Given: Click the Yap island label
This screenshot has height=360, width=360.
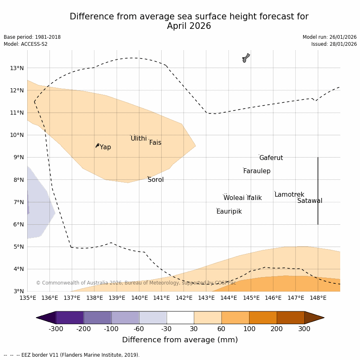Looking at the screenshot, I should click(105, 147).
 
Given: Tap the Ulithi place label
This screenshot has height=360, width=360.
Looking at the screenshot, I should click(139, 139).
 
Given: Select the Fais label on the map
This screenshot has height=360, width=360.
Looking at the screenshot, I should click(155, 143).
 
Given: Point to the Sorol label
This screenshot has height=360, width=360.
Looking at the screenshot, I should click(155, 180).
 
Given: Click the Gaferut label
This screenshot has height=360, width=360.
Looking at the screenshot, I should click(271, 158).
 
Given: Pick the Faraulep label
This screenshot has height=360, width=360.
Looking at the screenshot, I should click(256, 171).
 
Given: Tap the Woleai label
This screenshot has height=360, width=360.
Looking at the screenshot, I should click(234, 198).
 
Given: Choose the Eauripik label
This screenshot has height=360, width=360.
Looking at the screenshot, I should click(229, 212).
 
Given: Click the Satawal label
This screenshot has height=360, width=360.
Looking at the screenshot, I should click(310, 201).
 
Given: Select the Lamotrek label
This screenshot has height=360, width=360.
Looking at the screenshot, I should click(289, 195).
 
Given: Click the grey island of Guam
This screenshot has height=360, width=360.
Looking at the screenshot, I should click(246, 58).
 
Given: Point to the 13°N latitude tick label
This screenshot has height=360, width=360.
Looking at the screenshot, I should click(16, 68).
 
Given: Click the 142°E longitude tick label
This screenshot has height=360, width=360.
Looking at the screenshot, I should click(184, 298).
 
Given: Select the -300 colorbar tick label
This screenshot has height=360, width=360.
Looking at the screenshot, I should click(56, 329).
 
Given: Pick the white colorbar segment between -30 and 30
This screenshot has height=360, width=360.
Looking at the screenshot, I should click(180, 318).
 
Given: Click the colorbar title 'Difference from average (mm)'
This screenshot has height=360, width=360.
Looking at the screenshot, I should click(180, 340).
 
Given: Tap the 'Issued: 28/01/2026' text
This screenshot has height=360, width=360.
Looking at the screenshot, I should click(334, 44).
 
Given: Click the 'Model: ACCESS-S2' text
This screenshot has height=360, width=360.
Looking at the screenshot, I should click(26, 44).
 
